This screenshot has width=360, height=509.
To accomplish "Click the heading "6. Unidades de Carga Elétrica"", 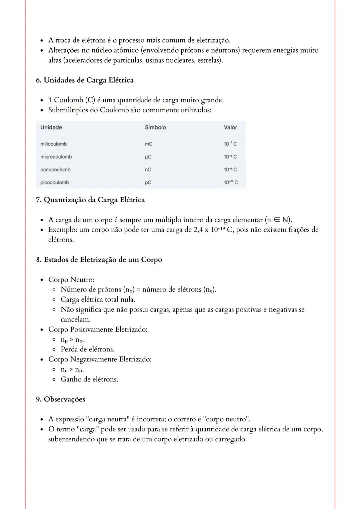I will [85, 80].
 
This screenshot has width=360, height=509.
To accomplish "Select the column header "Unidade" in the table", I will [51, 127].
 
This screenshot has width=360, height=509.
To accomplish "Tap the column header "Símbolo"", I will [155, 127].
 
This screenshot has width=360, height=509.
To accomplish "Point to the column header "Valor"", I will [230, 127].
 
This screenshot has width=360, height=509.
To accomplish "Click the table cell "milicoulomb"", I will [53, 144].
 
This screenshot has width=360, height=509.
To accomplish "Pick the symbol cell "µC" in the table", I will [148, 157].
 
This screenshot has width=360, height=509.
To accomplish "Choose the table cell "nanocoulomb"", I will [55, 170].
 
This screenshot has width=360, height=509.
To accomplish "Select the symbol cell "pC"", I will [148, 183].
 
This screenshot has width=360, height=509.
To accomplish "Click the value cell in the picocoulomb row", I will [231, 183].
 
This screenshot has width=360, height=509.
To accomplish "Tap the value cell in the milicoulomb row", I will [230, 144].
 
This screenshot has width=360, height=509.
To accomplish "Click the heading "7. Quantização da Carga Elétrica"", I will [90, 200].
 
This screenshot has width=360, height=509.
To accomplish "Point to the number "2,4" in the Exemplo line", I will [199, 230].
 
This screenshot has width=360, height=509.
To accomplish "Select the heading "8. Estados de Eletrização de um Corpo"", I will [99, 259].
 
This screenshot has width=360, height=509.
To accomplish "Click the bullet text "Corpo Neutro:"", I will [71, 279].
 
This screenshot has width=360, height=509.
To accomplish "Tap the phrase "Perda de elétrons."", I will [87, 349].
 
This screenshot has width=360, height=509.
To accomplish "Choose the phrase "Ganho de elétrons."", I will [89, 379].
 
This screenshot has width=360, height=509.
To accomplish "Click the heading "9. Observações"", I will [60, 399].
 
